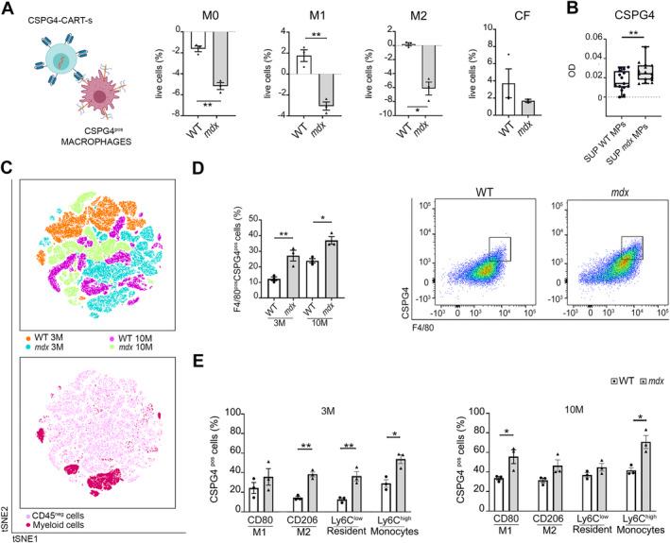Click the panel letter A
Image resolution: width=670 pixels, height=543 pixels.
pyautogui.click(x=9, y=10)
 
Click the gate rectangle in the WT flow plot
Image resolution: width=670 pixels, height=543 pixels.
pyautogui.click(x=491, y=246)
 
